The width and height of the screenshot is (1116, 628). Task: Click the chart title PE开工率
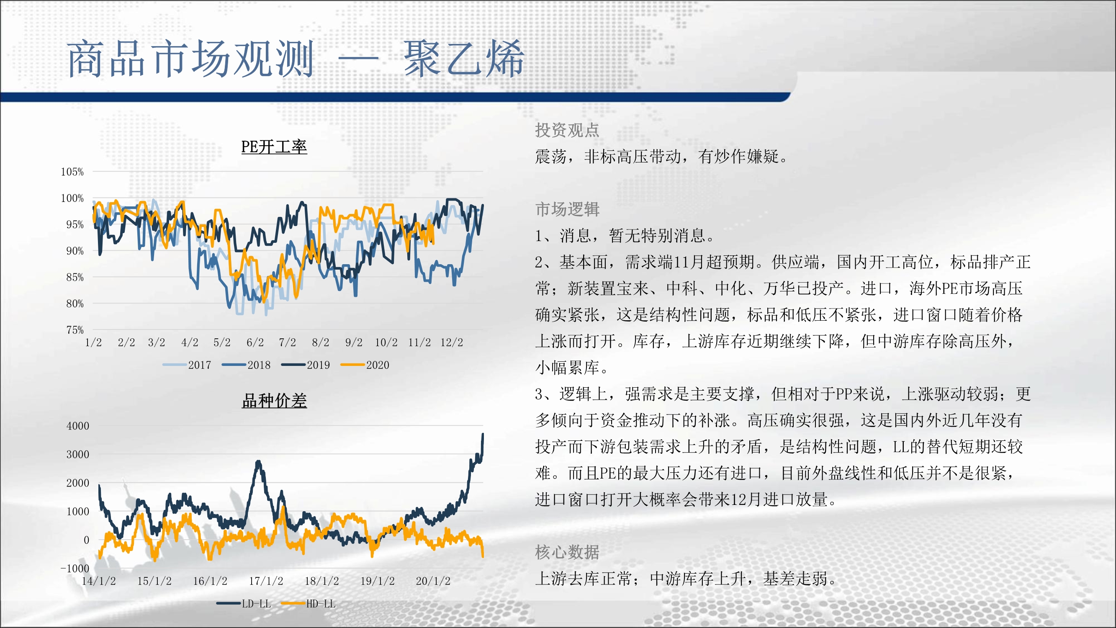tap(274, 147)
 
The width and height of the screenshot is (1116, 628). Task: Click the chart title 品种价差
tap(274, 401)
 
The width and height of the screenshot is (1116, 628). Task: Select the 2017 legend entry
tap(187, 365)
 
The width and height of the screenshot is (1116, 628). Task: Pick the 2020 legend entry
tap(365, 365)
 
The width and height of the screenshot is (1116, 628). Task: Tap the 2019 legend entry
tap(306, 365)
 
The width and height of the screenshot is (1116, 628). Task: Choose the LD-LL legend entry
tap(244, 603)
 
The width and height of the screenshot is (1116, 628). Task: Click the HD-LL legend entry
tap(308, 603)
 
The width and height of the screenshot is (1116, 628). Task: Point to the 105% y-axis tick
tap(72, 172)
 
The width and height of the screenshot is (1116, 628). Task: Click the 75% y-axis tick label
tap(75, 330)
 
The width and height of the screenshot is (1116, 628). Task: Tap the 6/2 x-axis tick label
tap(255, 342)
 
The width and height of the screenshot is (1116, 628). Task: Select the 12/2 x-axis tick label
tap(452, 342)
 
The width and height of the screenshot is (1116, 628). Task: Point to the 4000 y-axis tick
tap(78, 426)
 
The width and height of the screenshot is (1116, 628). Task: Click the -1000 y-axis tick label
tap(75, 568)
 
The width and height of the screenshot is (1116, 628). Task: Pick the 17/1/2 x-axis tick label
tap(266, 581)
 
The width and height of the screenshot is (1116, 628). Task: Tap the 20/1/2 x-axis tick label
tap(433, 581)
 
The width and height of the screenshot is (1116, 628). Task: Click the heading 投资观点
tap(567, 130)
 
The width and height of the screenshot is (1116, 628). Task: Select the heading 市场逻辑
tap(567, 209)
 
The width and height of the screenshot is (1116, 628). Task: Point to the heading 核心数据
tap(567, 552)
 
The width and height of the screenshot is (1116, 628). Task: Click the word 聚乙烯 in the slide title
tap(464, 59)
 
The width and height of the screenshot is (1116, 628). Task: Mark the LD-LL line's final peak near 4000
tap(483, 433)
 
